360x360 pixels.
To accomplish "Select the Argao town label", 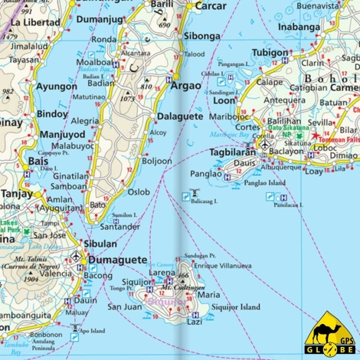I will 185,84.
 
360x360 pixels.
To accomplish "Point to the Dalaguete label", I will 179,116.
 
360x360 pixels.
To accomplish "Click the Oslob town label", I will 139,192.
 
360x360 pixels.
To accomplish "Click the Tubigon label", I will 270,53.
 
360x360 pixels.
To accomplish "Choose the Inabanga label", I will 297,27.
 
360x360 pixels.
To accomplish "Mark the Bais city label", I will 15,162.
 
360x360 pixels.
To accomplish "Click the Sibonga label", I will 202,36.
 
